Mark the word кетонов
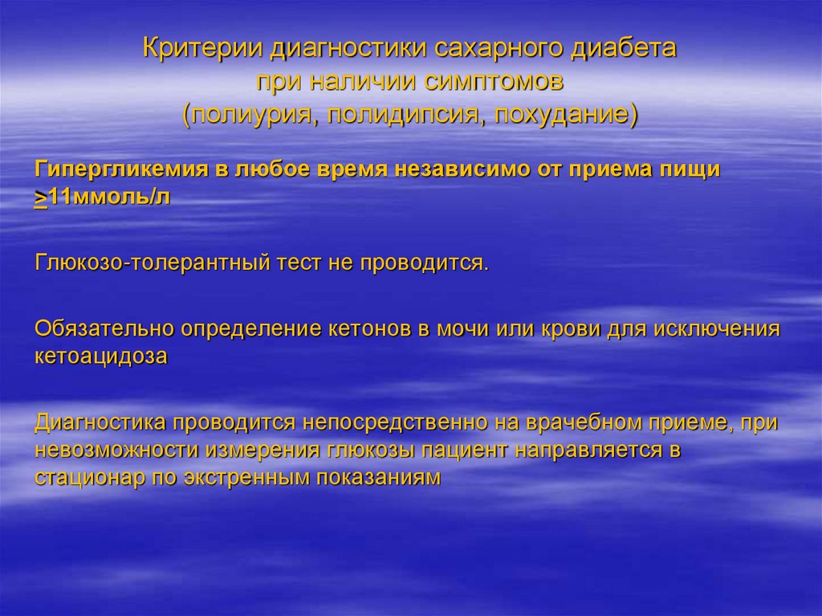(368, 329)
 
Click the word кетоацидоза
(101, 357)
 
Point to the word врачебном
(585, 422)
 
